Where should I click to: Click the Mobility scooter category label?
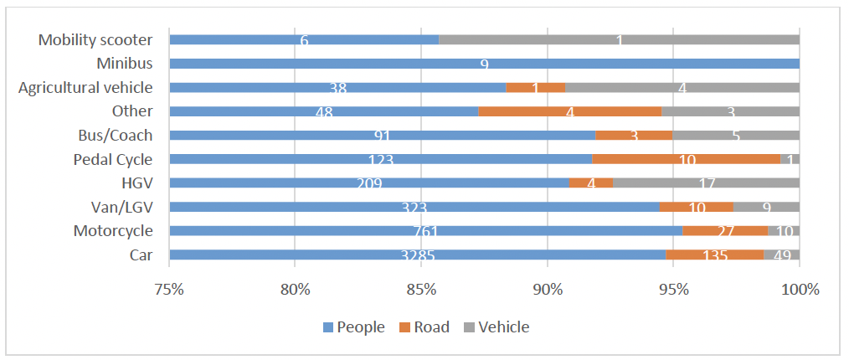tap(95, 39)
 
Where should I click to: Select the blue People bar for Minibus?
tap(484, 63)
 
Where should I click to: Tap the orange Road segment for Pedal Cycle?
tap(686, 158)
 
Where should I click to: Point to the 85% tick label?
tap(421, 289)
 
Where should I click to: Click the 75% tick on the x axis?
tap(169, 289)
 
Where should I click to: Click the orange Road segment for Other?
tap(569, 111)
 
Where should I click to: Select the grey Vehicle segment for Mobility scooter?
tap(619, 39)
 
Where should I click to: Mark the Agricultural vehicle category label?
tap(85, 87)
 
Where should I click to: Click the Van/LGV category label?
tap(122, 206)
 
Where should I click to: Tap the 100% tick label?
tap(799, 289)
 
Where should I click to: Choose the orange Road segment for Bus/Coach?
tap(634, 135)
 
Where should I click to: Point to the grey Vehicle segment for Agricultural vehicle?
tap(682, 87)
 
